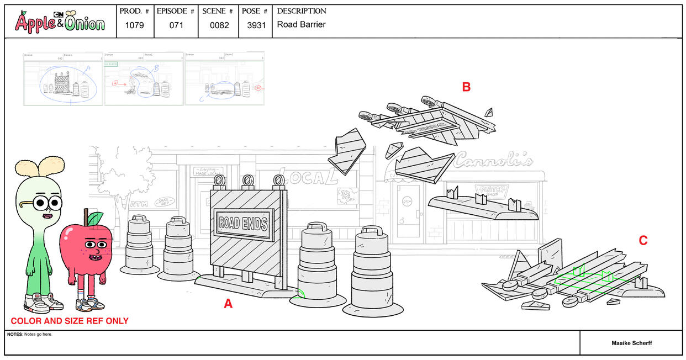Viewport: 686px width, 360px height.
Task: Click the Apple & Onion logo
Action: [60, 22]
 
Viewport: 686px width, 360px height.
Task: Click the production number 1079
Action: [135, 25]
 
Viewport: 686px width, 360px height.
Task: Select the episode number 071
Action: [176, 25]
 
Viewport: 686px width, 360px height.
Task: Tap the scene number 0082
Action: [219, 25]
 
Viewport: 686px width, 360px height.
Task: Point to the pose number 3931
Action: [255, 25]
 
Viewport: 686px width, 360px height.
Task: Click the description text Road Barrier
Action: [301, 24]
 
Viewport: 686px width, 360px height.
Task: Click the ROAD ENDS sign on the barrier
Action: [243, 224]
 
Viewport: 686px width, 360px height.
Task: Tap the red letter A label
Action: [228, 303]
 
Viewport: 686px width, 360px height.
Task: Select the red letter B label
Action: [466, 87]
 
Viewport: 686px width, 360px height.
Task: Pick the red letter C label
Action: [643, 240]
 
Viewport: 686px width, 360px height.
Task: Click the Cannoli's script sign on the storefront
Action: [493, 160]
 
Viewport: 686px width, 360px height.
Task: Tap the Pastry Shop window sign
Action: [488, 190]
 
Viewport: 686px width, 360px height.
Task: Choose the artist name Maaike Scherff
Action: [631, 343]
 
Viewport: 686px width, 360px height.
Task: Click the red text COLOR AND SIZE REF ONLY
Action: [70, 321]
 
